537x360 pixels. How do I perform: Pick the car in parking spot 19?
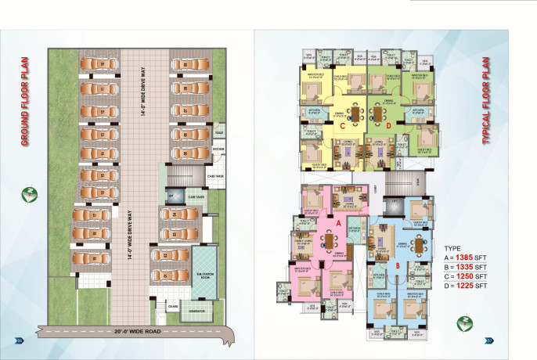(x=92, y=256)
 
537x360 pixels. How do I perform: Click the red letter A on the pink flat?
(x=337, y=223)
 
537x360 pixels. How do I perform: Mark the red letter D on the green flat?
(x=388, y=124)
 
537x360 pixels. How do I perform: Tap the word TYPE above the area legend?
(x=453, y=247)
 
